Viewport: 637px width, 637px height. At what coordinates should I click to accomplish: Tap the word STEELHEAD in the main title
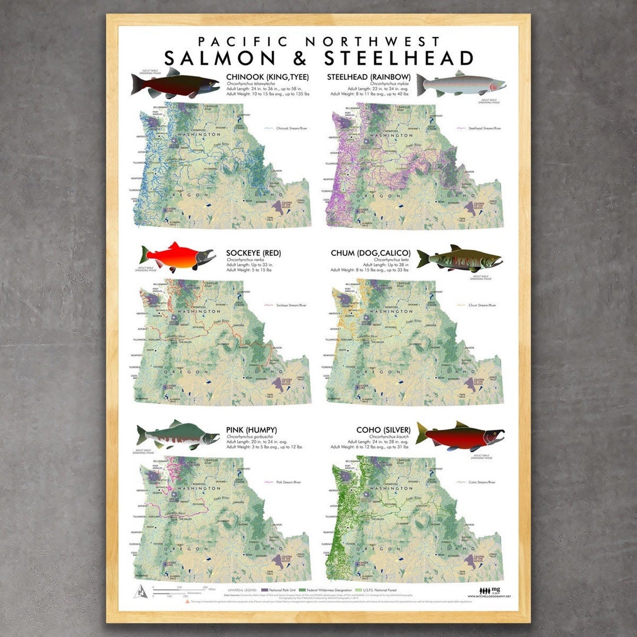click(x=399, y=58)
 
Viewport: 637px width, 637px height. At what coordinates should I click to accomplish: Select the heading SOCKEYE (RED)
click(x=254, y=253)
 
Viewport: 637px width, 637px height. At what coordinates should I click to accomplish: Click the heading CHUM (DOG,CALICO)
click(x=370, y=253)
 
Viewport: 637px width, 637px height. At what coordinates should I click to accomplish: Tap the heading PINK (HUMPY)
click(x=251, y=429)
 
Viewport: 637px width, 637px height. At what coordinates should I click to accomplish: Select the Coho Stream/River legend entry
click(x=478, y=482)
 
